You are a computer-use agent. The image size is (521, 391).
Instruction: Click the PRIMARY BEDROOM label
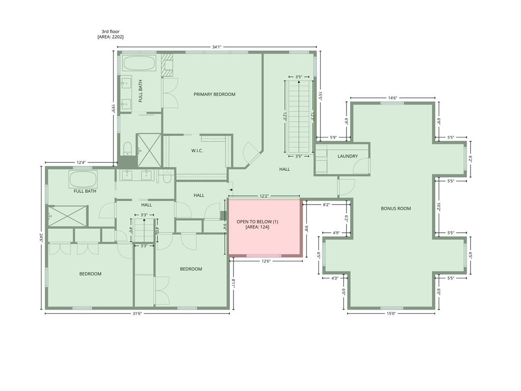point(214,94)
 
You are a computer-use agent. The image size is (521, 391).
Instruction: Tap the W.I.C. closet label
point(197,151)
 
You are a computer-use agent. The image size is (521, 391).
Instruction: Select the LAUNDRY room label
point(348,156)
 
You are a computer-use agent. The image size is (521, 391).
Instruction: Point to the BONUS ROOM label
point(396,209)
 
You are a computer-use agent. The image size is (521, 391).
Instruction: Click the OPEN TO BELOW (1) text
point(257,222)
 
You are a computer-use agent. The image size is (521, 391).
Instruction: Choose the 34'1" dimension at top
point(217,47)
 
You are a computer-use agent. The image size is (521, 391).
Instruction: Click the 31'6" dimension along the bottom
point(137,313)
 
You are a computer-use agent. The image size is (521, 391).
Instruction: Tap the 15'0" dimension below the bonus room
point(391,313)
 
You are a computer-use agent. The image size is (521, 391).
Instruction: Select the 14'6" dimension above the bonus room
point(392,98)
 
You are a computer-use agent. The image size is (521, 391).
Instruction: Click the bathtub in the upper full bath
point(139,63)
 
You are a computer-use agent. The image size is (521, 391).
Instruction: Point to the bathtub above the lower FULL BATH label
point(83,179)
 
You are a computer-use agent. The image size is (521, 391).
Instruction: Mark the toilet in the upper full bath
point(128,149)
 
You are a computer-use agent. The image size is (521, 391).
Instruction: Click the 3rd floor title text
point(110,32)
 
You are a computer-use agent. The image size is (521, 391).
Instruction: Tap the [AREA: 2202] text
point(110,37)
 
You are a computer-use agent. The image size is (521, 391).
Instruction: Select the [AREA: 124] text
point(257,227)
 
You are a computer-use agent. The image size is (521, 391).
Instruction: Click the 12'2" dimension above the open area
point(264,196)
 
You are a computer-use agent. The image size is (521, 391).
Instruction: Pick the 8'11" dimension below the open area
point(233,285)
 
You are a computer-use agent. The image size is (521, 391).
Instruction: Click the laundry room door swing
point(362,165)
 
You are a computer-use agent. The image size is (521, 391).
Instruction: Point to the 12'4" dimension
point(81,162)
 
